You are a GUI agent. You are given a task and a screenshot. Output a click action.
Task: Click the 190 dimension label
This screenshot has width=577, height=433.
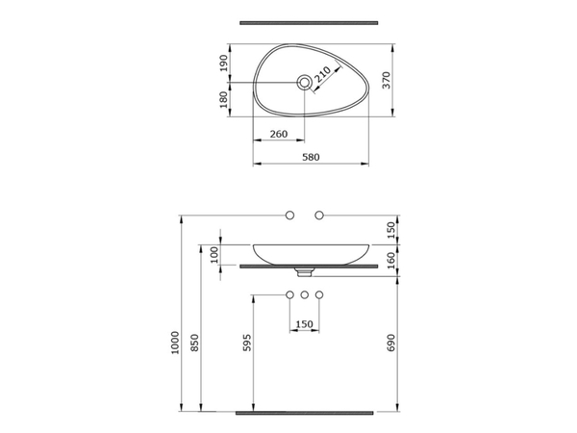(224, 64)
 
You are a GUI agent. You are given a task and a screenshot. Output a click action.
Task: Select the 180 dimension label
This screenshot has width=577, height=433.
(224, 100)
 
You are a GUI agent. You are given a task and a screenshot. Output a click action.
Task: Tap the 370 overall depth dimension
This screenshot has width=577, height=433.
(387, 80)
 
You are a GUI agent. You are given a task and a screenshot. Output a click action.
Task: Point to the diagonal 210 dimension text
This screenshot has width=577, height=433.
(323, 75)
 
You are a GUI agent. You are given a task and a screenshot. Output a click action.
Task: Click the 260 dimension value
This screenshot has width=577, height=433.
(279, 134)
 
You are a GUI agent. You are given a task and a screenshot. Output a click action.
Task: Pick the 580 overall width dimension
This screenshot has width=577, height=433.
(311, 157)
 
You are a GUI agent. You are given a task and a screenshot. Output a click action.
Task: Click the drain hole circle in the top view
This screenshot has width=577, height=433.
(305, 83)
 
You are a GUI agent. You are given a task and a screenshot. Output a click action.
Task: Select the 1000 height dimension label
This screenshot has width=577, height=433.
(175, 343)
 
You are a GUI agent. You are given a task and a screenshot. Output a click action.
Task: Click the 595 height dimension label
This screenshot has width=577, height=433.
(248, 343)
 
